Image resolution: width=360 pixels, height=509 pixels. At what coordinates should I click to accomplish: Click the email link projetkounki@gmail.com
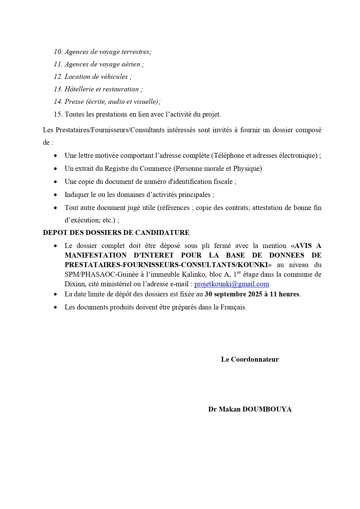pos(231,284)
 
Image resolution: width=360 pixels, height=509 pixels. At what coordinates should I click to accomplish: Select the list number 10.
pos(58,52)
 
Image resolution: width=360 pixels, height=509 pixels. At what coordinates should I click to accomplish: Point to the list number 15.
pos(58,114)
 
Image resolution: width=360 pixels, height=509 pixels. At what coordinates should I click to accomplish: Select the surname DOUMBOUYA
pos(267,409)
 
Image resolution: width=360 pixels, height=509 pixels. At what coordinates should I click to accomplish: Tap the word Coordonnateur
pos(255,359)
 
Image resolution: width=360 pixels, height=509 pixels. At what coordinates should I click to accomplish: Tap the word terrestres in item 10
pos(136,52)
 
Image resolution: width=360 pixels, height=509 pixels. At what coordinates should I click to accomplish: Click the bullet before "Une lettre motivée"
pos(55,156)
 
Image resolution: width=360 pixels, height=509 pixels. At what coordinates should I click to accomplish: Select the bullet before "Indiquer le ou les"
pos(55,195)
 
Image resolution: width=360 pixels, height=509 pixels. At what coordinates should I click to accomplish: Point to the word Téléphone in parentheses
pos(229,155)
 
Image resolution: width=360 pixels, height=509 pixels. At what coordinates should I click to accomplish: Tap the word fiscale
pos(223,182)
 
